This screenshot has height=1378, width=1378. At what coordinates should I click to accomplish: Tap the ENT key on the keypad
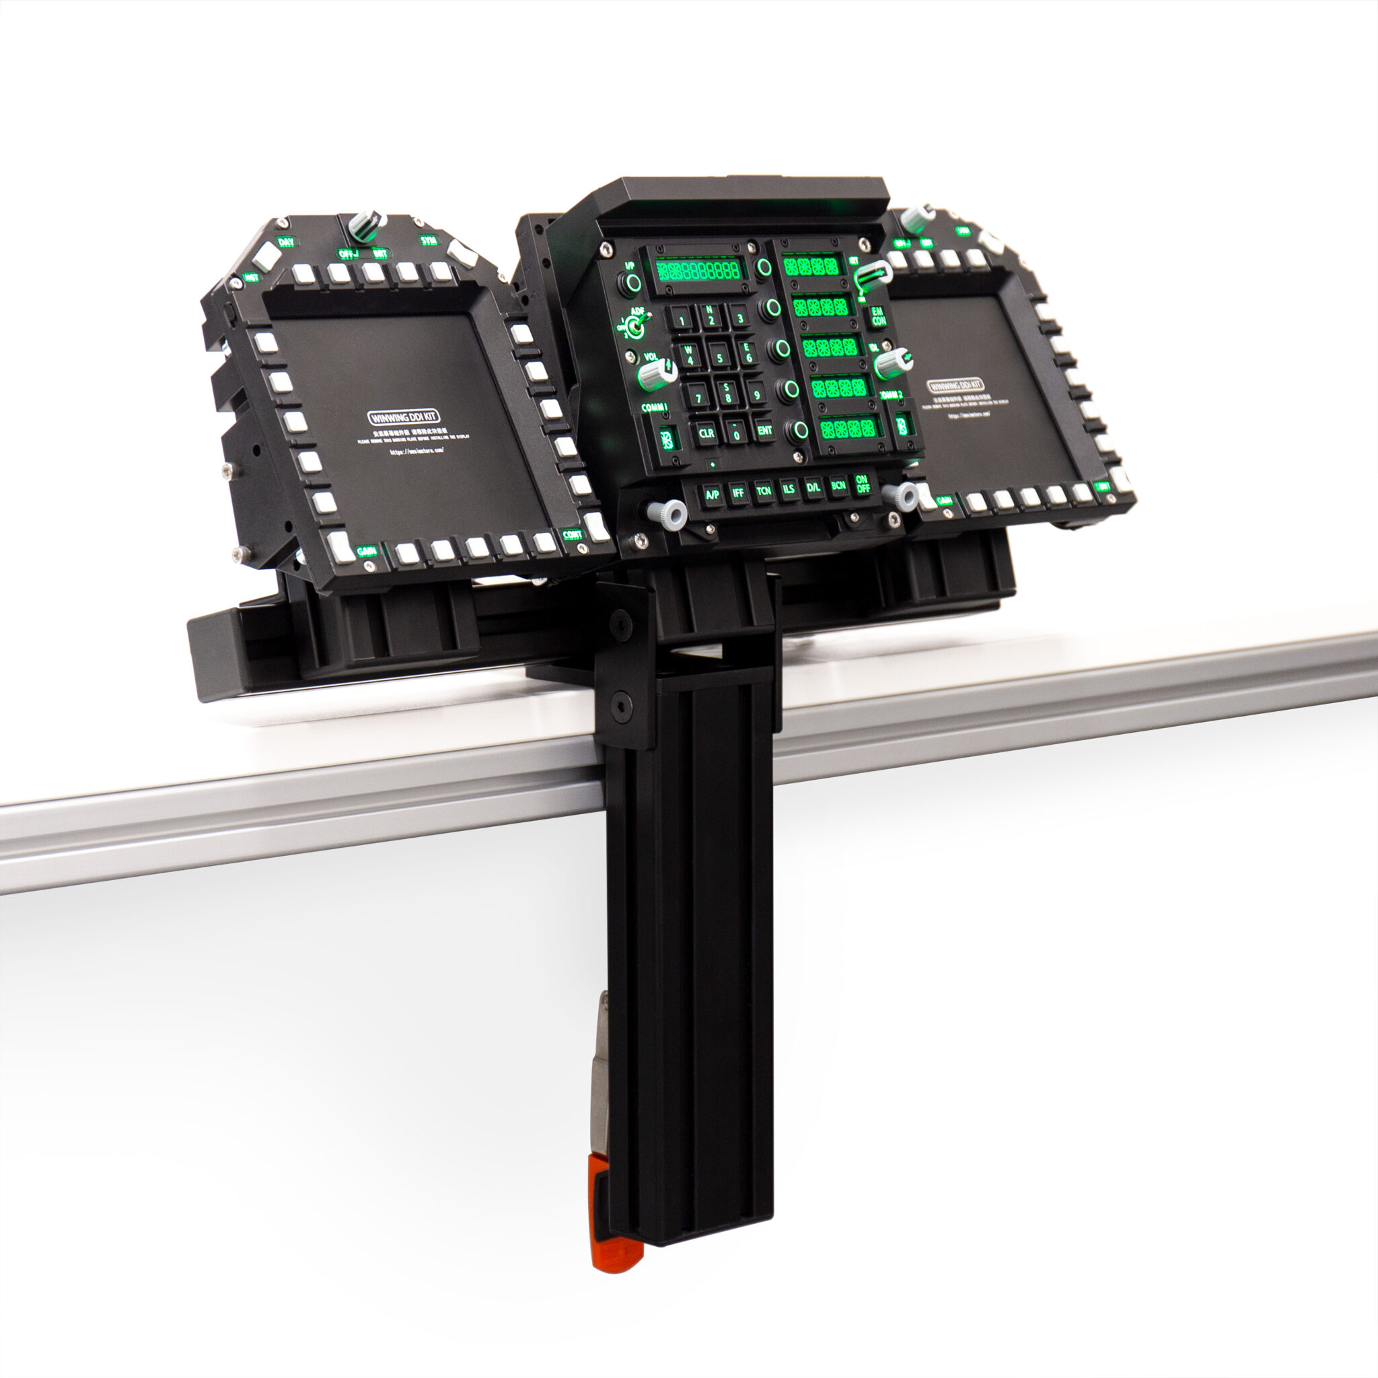pyautogui.click(x=764, y=430)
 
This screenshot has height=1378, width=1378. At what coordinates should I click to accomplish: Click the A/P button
pyautogui.click(x=712, y=494)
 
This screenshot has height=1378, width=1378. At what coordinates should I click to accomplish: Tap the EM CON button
pyautogui.click(x=879, y=316)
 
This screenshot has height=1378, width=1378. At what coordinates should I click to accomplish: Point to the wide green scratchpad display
pyautogui.click(x=698, y=270)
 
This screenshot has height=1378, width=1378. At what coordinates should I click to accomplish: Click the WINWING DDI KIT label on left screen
pyautogui.click(x=404, y=416)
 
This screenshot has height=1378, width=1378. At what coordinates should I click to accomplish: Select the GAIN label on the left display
pyautogui.click(x=367, y=550)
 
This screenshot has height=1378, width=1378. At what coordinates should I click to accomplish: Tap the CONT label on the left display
pyautogui.click(x=572, y=534)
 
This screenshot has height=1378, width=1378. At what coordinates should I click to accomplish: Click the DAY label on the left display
pyautogui.click(x=286, y=242)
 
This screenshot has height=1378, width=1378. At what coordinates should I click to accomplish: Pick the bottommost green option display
pyautogui.click(x=847, y=428)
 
